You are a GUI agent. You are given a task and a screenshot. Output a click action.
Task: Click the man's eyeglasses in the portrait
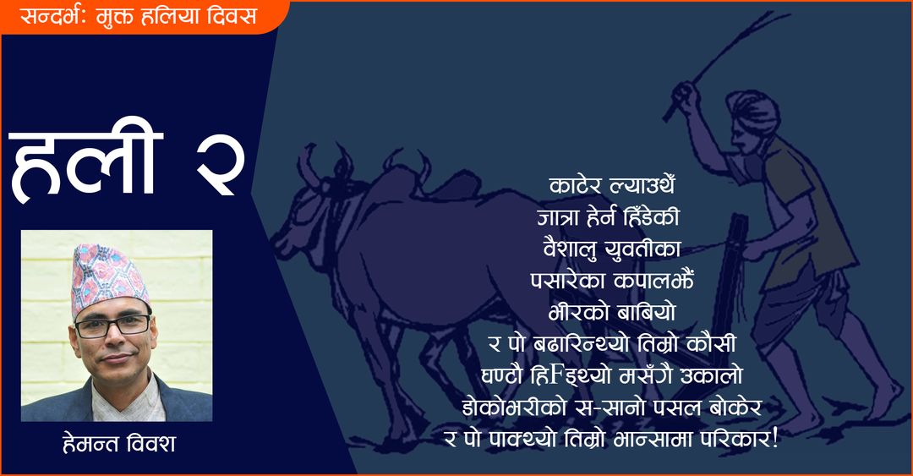click(112, 326)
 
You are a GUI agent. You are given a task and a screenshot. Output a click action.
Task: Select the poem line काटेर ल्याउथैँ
click(612, 186)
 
